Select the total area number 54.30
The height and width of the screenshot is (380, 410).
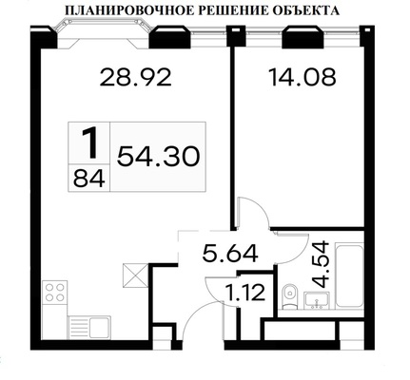tap(158, 156)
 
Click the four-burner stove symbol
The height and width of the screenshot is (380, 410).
tap(54, 293)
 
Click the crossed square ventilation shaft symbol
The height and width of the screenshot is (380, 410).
tap(134, 276)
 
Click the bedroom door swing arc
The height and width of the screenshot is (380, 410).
tap(249, 211)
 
